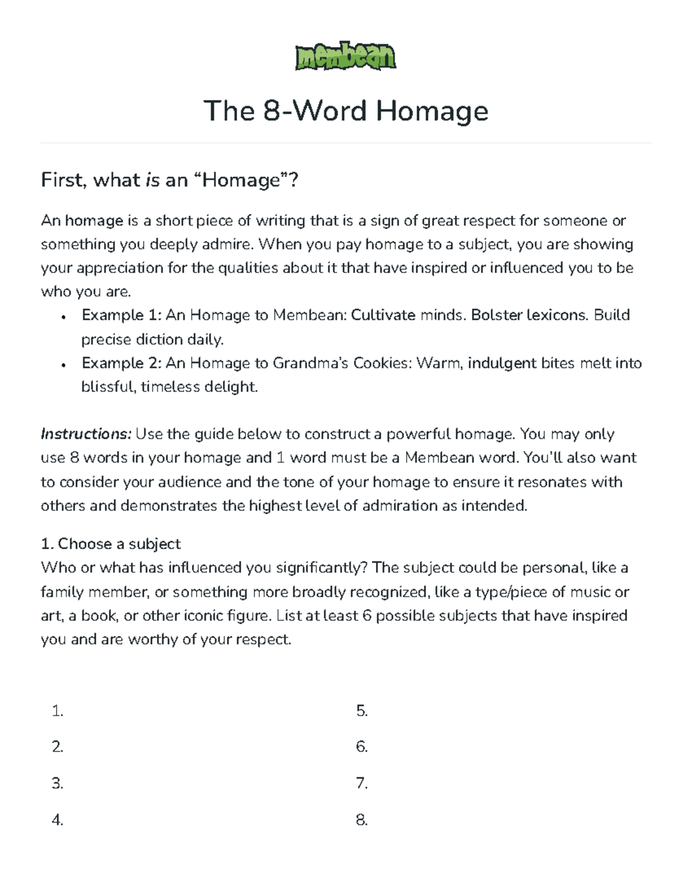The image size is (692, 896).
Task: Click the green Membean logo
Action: pos(345,56)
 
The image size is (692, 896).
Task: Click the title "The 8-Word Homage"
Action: pos(345,111)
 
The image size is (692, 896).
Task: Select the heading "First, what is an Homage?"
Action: pos(170,181)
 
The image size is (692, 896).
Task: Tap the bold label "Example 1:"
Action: pos(121,315)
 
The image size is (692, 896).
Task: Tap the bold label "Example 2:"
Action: pos(121,363)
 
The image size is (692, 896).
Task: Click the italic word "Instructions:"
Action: pos(86,434)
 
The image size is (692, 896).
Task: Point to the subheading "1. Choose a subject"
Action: pos(111,544)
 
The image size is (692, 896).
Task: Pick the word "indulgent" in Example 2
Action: pos(502,363)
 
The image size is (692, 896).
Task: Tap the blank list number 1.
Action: pos(57,711)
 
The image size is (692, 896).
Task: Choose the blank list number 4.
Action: pos(57,820)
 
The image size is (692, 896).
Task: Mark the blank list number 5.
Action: pos(362,711)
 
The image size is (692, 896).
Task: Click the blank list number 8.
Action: pos(362,820)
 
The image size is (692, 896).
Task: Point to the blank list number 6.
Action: pos(362,747)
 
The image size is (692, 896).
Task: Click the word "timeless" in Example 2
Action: pos(175,387)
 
